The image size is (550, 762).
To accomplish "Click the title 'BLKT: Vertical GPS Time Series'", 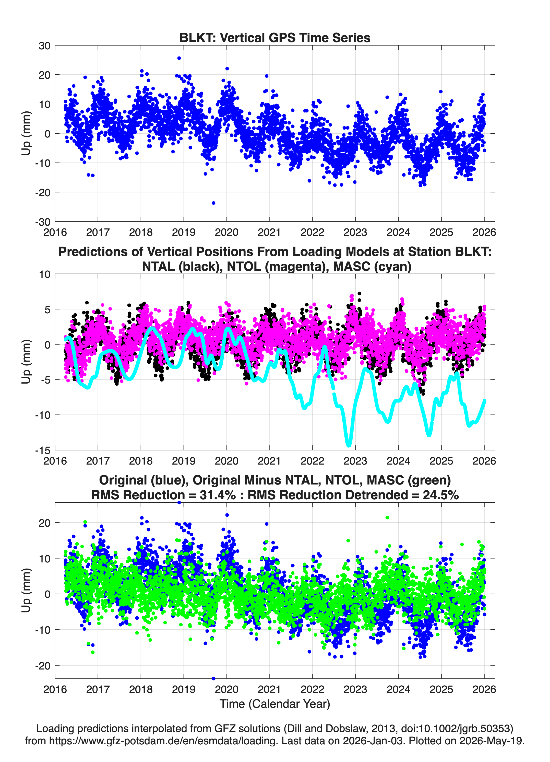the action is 275,38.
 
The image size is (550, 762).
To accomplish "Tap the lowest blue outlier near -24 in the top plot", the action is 213,203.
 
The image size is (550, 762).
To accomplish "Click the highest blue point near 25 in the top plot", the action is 179,58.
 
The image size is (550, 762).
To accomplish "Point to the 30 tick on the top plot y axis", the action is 44,46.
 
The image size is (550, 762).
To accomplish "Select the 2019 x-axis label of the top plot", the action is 184,232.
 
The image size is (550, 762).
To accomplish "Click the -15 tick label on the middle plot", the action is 43,450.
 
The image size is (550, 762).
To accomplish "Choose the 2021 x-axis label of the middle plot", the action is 270,461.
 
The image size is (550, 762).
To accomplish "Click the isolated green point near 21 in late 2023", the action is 387,518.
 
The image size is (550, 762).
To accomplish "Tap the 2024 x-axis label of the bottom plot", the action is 399,689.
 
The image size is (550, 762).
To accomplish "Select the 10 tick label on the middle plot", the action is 44,274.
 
